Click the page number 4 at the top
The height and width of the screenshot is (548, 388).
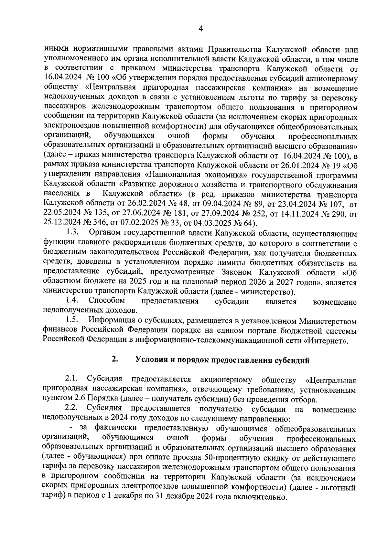coord(200,29)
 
